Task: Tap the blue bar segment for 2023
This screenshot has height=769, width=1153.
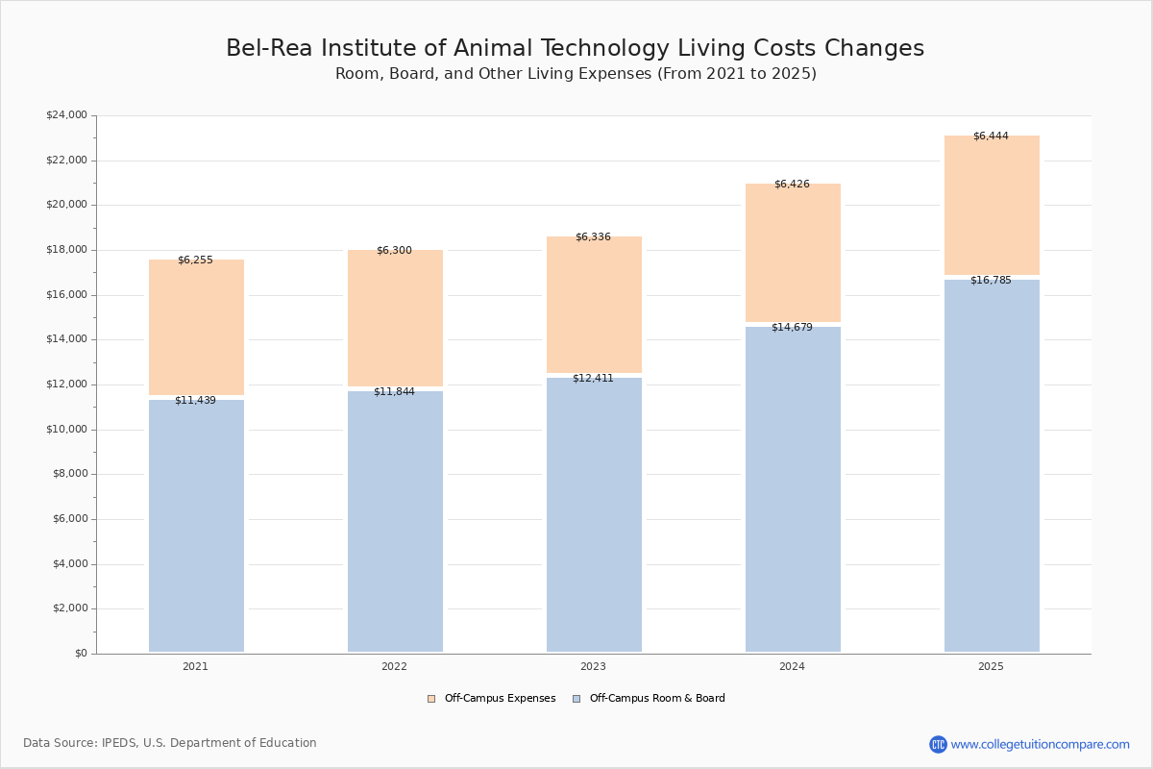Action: click(x=594, y=514)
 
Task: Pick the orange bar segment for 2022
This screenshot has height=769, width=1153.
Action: click(x=395, y=318)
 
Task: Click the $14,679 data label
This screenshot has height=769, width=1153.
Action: click(x=792, y=327)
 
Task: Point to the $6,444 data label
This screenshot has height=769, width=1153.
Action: click(x=991, y=136)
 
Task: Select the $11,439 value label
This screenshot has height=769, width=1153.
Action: click(x=195, y=400)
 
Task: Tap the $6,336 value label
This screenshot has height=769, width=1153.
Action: click(x=593, y=236)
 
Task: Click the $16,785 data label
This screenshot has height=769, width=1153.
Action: click(x=991, y=280)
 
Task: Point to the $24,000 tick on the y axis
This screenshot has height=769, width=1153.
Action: click(x=66, y=115)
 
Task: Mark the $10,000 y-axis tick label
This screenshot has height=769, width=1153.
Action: click(x=66, y=430)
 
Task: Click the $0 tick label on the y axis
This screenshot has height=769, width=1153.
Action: click(x=80, y=654)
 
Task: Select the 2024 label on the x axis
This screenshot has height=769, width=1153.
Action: click(x=792, y=666)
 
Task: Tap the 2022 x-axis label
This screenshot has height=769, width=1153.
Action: click(x=394, y=666)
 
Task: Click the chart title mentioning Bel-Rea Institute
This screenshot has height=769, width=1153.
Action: click(x=575, y=49)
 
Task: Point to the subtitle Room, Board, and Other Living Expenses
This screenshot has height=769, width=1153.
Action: click(x=576, y=74)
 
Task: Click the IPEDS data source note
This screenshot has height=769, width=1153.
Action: click(x=170, y=743)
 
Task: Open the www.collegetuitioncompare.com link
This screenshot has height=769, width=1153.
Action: click(x=1040, y=744)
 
